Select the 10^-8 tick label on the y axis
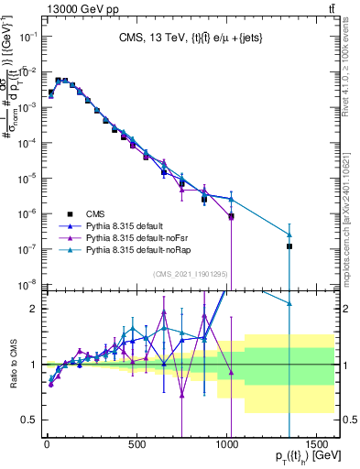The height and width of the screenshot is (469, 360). coord(27,284)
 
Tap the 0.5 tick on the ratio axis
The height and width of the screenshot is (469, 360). coord(28,420)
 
